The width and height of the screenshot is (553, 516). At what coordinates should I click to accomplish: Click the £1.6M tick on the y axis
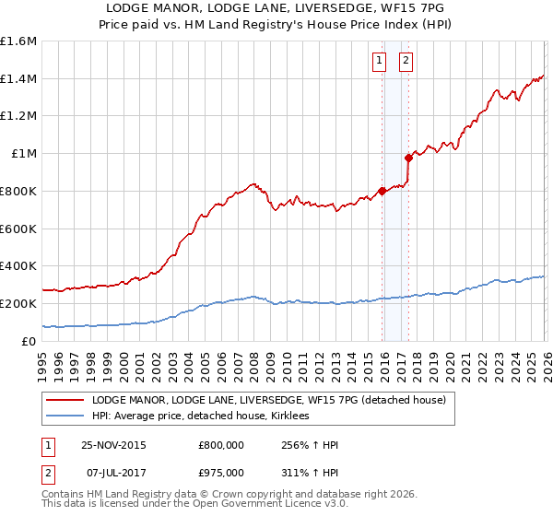tap(18, 41)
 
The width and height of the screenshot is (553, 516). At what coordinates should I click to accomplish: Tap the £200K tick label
tap(18, 303)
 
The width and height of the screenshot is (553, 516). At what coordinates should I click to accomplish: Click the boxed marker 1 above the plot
tap(379, 62)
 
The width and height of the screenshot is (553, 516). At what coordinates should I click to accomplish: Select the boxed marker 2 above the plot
tap(406, 62)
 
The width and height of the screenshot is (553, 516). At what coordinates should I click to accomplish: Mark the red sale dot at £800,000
tap(382, 191)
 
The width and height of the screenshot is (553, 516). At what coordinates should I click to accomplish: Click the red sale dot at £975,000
tap(408, 158)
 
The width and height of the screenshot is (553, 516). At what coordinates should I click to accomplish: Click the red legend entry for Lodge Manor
tap(268, 400)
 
